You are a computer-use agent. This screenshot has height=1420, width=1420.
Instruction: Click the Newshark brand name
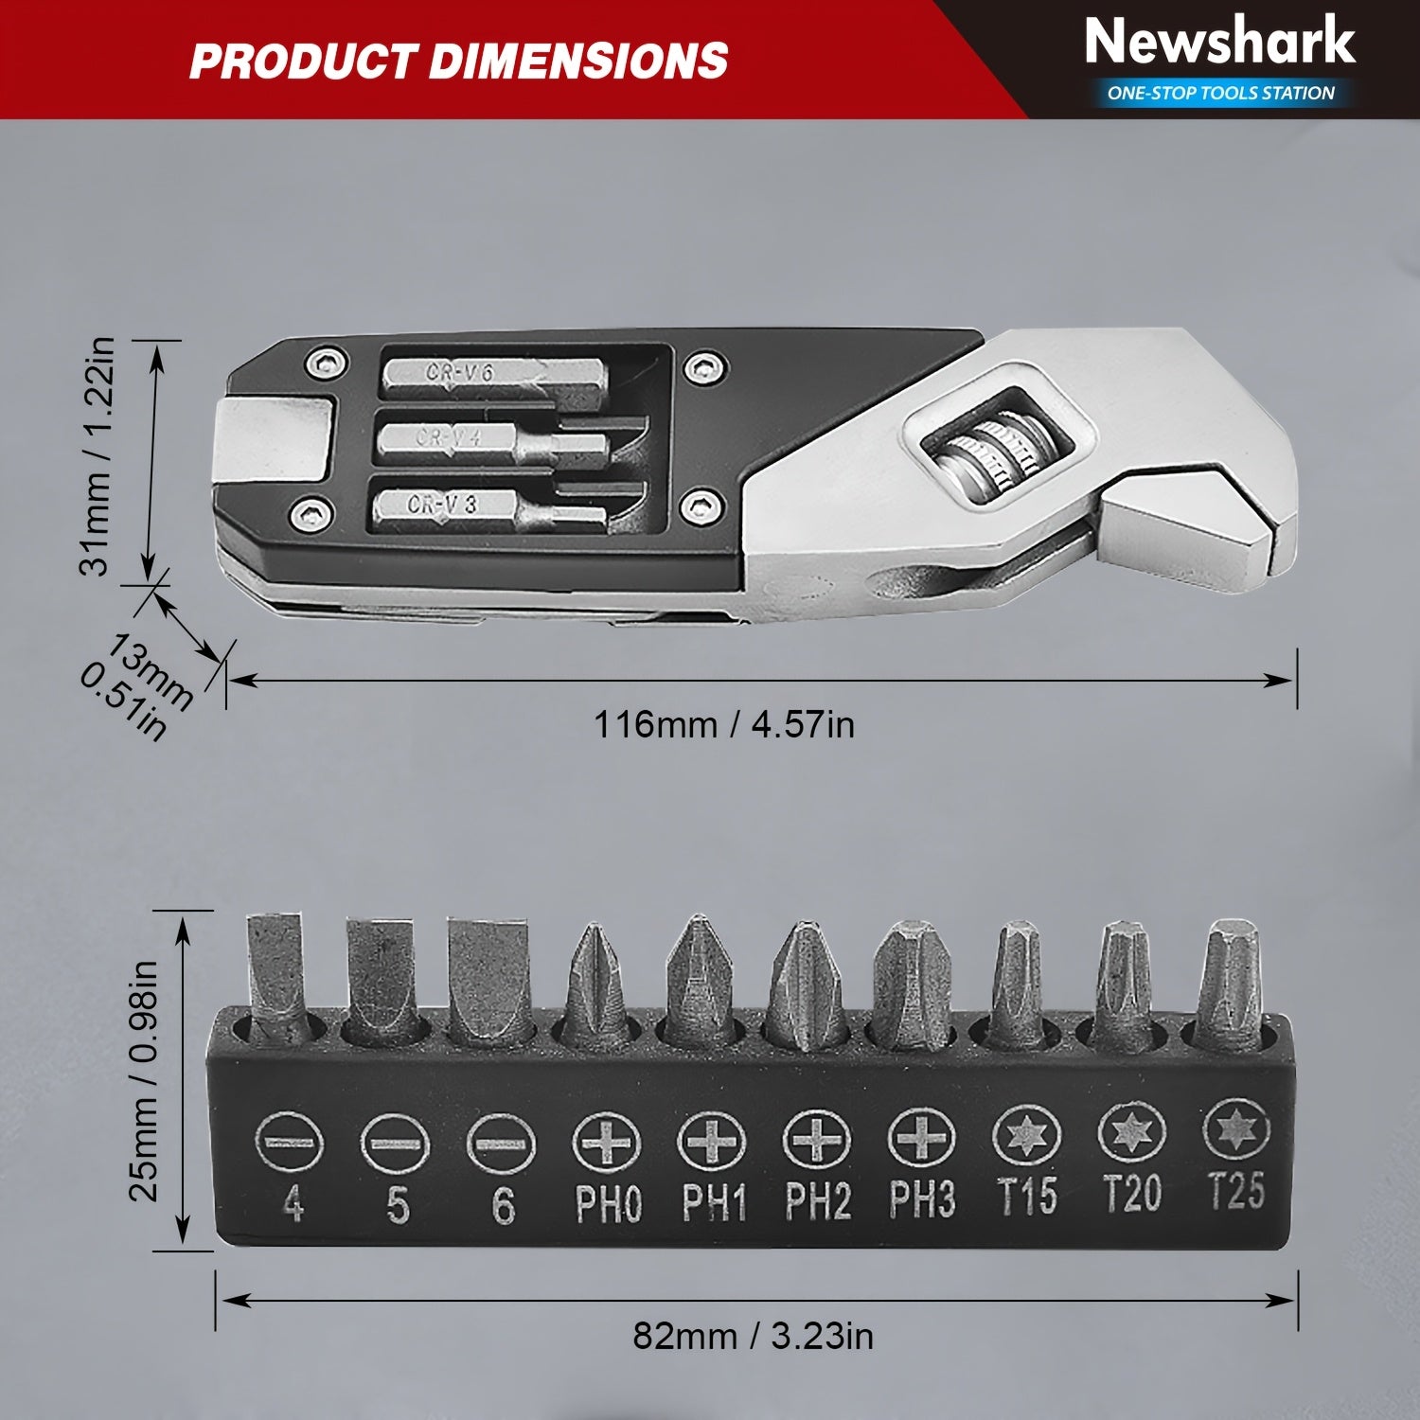1219,43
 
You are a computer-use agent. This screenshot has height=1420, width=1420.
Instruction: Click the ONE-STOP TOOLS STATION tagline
1221,93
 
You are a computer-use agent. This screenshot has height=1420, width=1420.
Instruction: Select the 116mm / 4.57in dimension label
724,725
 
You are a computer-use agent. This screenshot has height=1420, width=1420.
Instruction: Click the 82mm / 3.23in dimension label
754,1336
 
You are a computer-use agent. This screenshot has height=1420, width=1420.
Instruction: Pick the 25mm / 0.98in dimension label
144,1080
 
